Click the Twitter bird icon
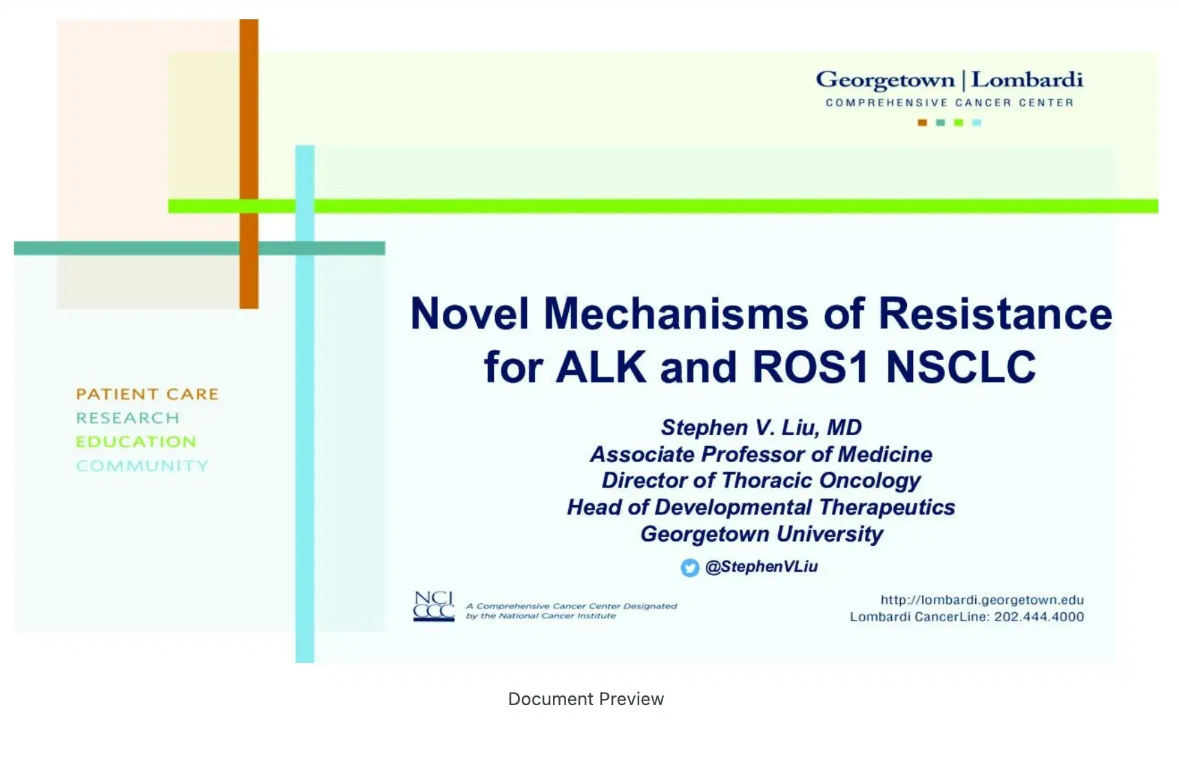tap(689, 567)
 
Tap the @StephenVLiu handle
tap(761, 567)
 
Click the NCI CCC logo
tap(434, 606)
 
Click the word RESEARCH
tap(128, 418)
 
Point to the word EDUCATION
tap(136, 441)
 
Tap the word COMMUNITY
tap(143, 466)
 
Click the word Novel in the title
tap(470, 313)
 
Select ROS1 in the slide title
tap(811, 367)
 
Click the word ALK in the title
tap(601, 367)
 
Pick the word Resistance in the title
tap(995, 313)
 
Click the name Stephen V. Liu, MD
tap(761, 427)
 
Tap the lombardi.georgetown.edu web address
tap(982, 600)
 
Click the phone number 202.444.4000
tap(1039, 617)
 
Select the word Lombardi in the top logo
tap(1027, 80)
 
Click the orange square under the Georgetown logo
tap(922, 123)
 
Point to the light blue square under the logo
tap(977, 123)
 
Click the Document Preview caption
tap(586, 699)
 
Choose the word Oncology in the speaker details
tap(870, 481)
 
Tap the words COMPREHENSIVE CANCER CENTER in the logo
tap(950, 103)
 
